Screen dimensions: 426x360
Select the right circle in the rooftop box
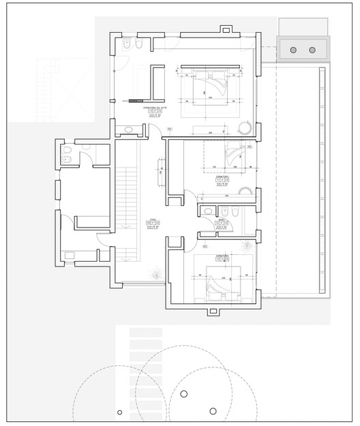(312, 50)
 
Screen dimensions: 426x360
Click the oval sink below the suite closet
(130, 130)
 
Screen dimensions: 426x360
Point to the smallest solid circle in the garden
(120, 411)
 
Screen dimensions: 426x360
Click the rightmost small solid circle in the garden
(213, 410)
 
